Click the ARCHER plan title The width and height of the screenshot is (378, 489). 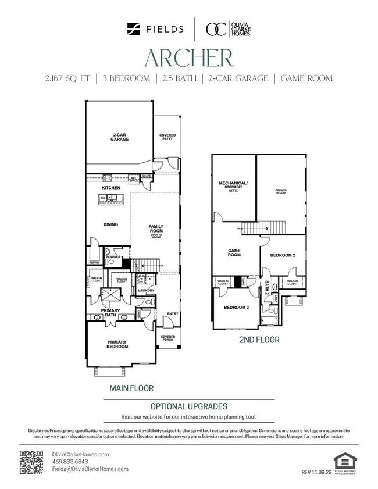point(189,58)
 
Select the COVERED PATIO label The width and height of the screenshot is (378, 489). point(167,137)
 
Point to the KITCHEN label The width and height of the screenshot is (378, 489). point(110,188)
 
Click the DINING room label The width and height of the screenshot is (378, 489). point(110,224)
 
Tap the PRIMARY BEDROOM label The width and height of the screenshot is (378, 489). point(117,344)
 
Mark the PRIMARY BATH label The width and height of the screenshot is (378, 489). point(110,312)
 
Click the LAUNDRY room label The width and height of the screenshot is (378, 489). point(145,290)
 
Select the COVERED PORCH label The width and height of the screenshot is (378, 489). point(167,338)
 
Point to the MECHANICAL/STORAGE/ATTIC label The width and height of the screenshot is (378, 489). point(233,187)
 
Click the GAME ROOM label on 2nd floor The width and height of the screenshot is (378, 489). point(234,252)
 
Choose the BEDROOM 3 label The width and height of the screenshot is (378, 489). point(237,307)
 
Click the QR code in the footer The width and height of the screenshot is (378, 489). point(32,462)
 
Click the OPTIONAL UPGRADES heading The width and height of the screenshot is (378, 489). point(189,406)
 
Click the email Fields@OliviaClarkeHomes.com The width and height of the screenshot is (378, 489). point(90,469)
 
